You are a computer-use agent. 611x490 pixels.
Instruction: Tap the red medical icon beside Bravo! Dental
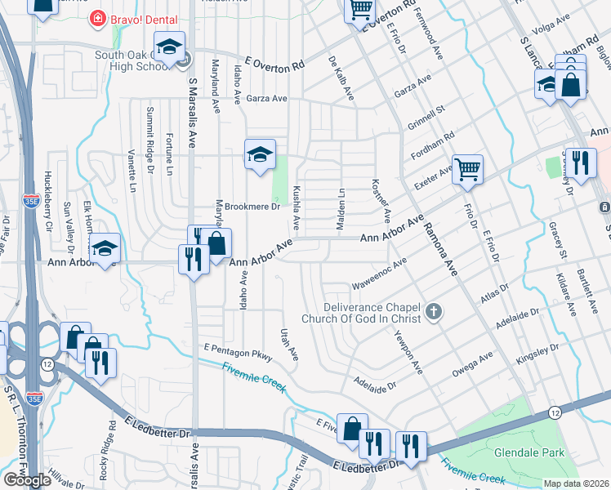(97, 17)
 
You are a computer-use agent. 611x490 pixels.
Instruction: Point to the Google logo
(27, 480)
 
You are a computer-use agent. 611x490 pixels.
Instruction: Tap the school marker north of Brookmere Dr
(260, 155)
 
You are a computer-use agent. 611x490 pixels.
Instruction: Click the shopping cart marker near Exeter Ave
(467, 170)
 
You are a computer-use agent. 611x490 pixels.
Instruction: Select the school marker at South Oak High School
(169, 47)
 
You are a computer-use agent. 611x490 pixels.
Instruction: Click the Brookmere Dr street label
(252, 207)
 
